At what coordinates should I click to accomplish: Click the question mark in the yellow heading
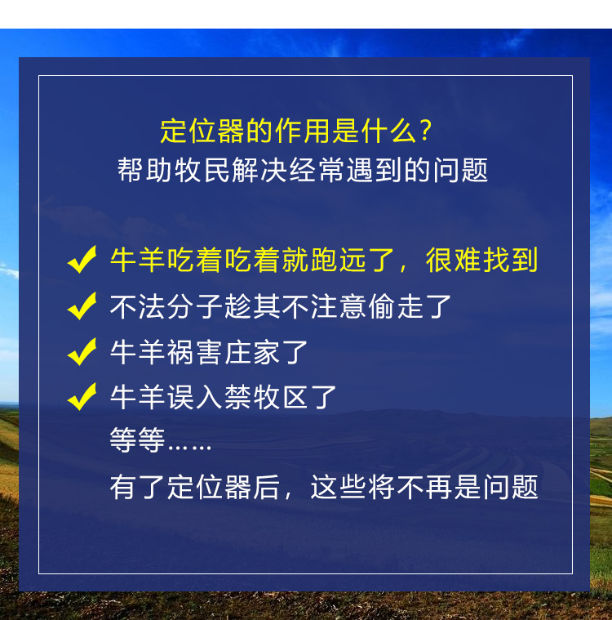point(425,131)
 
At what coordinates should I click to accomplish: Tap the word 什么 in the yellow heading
point(388,131)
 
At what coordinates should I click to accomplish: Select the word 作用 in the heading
point(303,131)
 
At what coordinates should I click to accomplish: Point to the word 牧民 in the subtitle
point(202,170)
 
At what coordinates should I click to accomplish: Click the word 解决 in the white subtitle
point(259,170)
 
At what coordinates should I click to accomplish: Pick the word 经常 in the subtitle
point(317,170)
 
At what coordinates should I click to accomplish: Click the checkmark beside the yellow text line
point(82,260)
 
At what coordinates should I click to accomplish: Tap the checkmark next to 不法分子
point(82,306)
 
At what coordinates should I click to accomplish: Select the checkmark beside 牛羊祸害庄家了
point(82,351)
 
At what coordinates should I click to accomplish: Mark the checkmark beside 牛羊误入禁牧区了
point(82,397)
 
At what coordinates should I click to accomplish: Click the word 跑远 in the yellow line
point(339,261)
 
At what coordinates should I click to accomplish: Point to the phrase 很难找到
point(482,261)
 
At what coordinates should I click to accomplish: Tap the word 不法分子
point(166,306)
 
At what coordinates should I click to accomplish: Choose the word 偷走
point(396,306)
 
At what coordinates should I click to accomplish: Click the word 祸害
point(195,352)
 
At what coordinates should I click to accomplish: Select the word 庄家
point(252,352)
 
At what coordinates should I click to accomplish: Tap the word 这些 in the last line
point(339,487)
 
